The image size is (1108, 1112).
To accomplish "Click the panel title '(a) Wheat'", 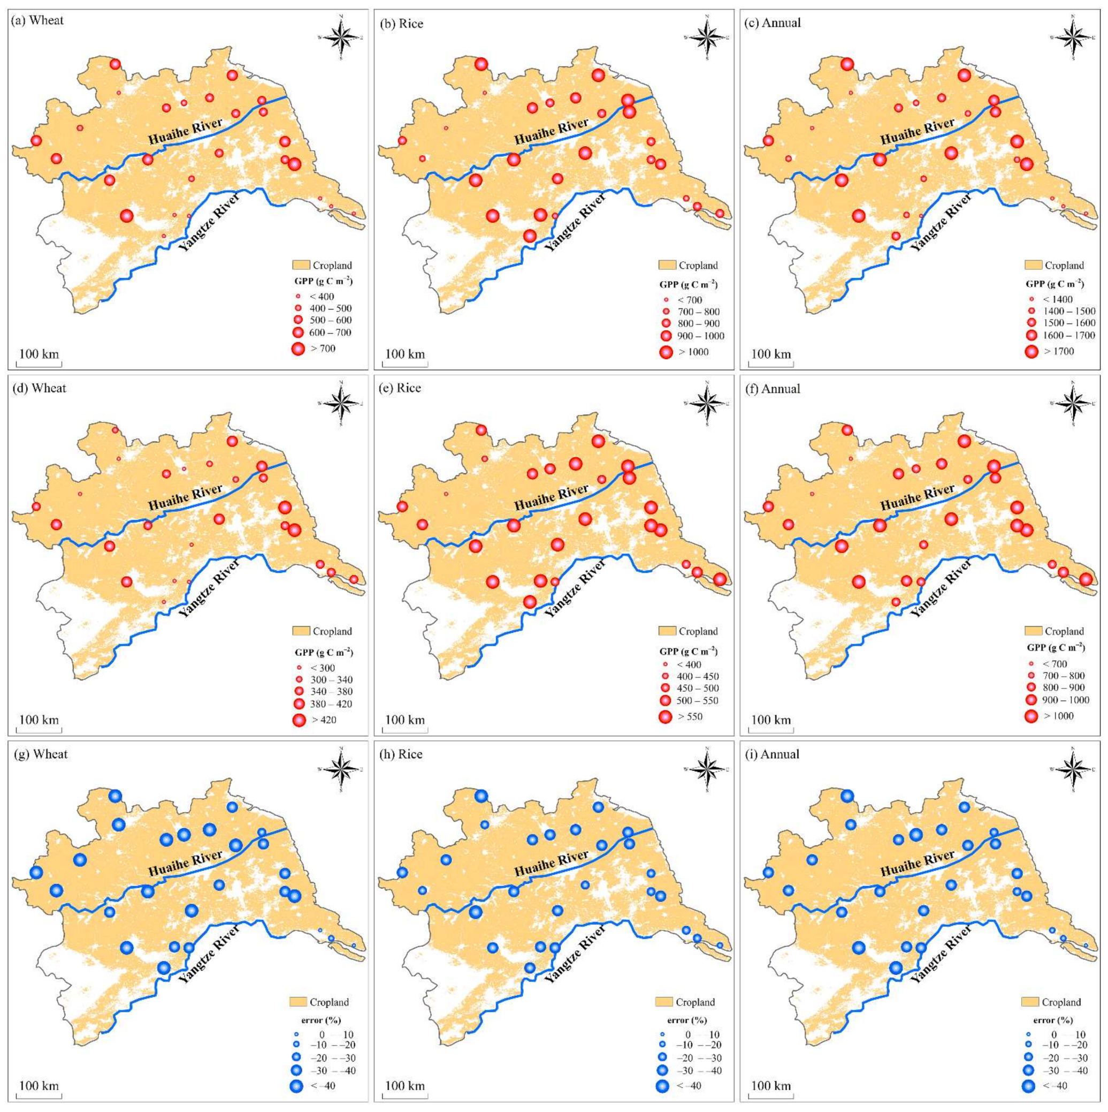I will click(37, 21).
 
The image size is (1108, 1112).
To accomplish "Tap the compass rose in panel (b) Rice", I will click(707, 37).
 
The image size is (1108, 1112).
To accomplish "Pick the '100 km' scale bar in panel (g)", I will click(39, 1086).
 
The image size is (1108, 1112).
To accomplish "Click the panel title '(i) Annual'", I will click(780, 754).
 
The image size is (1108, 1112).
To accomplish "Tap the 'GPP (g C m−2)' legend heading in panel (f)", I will click(1056, 647).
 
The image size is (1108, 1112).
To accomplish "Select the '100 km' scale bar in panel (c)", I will click(771, 354).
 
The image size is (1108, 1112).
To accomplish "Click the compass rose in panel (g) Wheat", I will click(341, 769).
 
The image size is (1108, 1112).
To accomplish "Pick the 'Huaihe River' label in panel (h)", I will click(552, 864).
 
